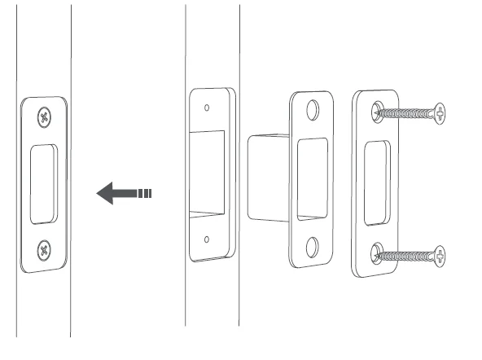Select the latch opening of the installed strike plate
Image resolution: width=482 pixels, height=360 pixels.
[42, 183]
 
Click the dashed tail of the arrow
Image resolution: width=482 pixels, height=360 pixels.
[146, 194]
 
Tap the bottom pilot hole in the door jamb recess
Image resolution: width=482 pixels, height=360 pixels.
[207, 239]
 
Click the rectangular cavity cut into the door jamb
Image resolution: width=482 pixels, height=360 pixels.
[208, 173]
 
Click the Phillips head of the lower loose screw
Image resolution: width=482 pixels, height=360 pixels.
[440, 258]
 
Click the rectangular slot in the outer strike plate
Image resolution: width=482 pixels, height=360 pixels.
[375, 181]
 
